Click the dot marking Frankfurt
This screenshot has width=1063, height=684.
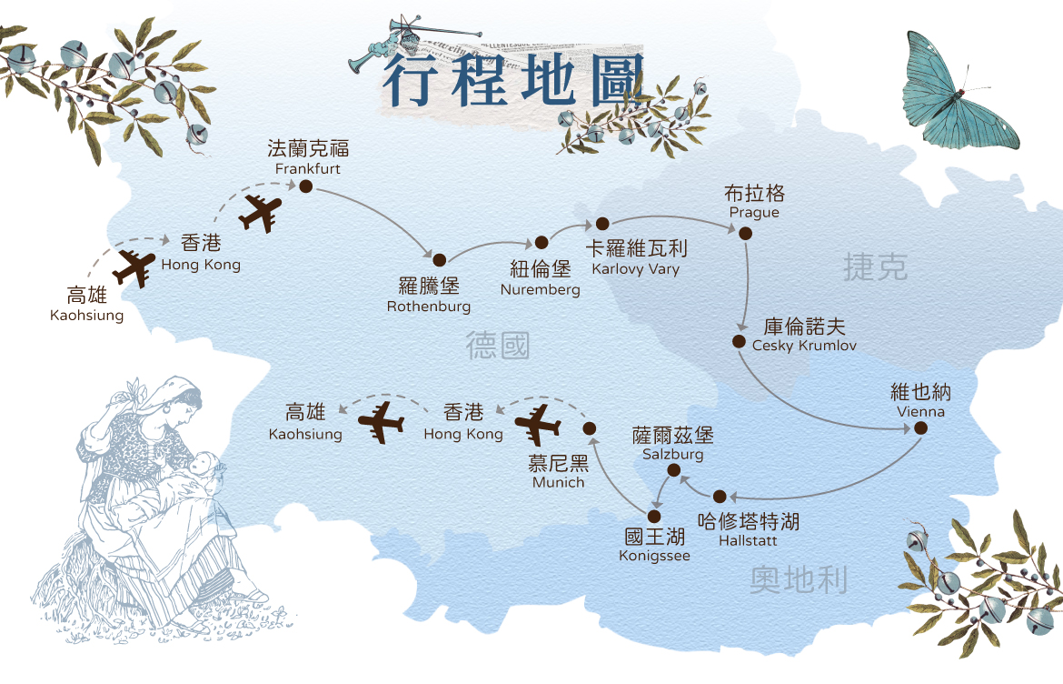pyautogui.click(x=306, y=186)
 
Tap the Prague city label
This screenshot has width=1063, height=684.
pyautogui.click(x=754, y=202)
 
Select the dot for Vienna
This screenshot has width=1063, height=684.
pyautogui.click(x=920, y=427)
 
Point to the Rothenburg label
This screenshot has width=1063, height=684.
pyautogui.click(x=429, y=295)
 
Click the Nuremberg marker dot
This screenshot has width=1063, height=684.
pyautogui.click(x=541, y=242)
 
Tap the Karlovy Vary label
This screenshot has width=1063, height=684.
pyautogui.click(x=636, y=257)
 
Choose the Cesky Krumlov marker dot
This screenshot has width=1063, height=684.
pyautogui.click(x=739, y=341)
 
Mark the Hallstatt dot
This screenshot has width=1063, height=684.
pyautogui.click(x=720, y=497)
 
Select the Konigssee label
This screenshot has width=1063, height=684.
pyautogui.click(x=654, y=545)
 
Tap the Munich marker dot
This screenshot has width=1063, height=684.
pyautogui.click(x=589, y=428)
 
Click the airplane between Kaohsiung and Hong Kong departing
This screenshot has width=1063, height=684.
pyautogui.click(x=134, y=268)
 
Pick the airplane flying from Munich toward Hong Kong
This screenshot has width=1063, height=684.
pyautogui.click(x=538, y=424)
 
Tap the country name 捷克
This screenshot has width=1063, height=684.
pyautogui.click(x=875, y=267)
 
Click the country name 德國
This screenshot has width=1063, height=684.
pyautogui.click(x=498, y=345)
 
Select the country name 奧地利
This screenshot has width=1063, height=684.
pyautogui.click(x=799, y=580)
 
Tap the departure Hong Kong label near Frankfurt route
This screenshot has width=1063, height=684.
pyautogui.click(x=201, y=253)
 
